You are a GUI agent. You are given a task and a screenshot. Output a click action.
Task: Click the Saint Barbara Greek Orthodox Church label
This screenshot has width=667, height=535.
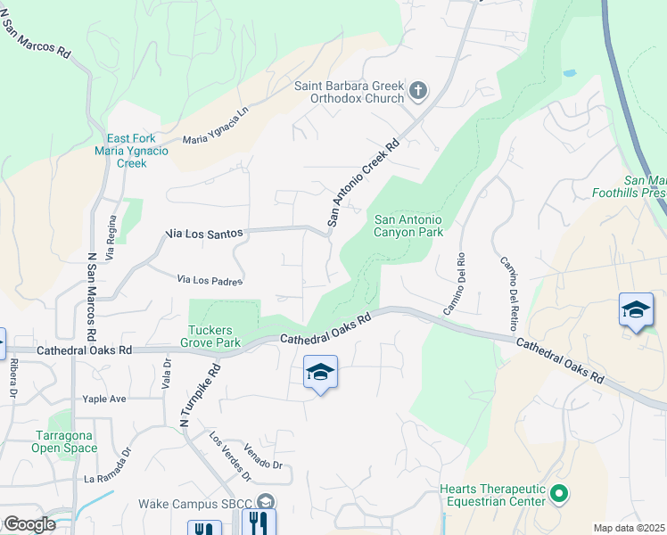350,92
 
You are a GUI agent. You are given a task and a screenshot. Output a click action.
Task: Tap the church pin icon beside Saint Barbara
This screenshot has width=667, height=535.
417,90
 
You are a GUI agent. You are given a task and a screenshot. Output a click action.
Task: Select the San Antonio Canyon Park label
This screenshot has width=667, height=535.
408,226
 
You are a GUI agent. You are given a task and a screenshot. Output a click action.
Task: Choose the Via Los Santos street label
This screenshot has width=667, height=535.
204,233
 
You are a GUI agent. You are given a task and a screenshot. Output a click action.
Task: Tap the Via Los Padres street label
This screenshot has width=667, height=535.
210,280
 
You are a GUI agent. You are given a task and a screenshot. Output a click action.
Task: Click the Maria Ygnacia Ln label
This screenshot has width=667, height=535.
215,128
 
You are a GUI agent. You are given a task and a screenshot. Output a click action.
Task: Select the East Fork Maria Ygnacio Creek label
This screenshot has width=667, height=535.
132,151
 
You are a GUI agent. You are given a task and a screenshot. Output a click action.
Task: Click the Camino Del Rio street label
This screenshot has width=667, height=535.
455,284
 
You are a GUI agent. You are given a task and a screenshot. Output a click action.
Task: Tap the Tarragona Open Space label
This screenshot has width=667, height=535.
65,441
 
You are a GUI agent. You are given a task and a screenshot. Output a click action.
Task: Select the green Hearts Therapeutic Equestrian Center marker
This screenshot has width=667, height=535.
559,492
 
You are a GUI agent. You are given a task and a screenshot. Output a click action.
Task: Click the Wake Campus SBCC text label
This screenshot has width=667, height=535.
195,503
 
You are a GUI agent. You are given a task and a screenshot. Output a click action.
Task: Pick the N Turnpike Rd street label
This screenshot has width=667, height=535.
200,393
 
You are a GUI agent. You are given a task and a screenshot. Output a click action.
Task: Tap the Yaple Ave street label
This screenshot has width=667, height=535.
103,399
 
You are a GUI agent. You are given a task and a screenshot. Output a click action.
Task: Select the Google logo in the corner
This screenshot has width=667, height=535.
29,524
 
